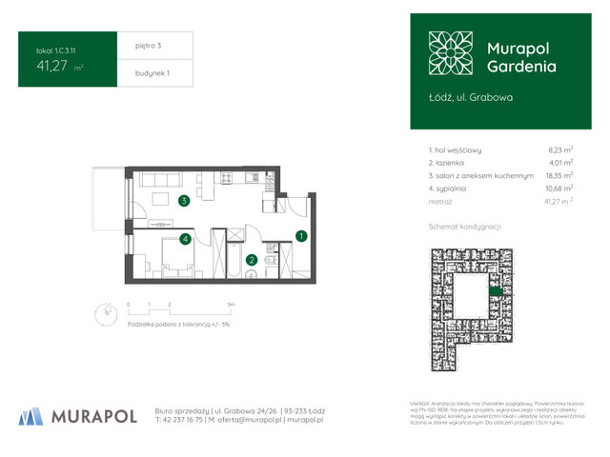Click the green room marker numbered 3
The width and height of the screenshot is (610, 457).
click(x=184, y=201)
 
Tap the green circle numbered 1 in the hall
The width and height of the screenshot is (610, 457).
click(x=301, y=235)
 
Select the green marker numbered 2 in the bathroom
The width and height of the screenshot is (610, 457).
click(x=252, y=259)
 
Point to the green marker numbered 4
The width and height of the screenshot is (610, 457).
click(x=187, y=239)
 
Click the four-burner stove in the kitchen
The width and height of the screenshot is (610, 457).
click(x=227, y=177)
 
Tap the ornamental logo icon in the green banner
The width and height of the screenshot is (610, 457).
click(x=449, y=56)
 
